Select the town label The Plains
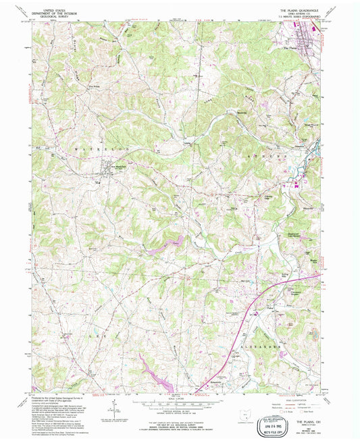[x=290, y=49]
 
